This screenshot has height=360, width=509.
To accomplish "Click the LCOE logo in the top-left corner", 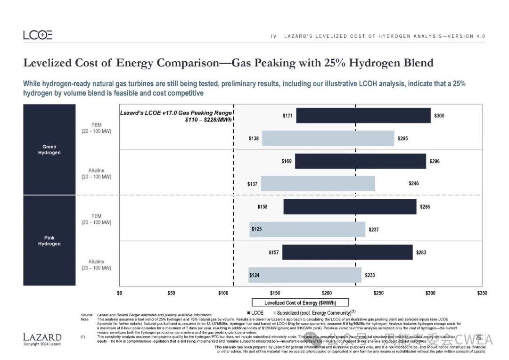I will coord(38,35).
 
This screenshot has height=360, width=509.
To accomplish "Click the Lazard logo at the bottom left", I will coord(42,337).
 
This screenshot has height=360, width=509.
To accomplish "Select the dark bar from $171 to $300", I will coord(363,115).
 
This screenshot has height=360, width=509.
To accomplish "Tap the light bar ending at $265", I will coord(328,138).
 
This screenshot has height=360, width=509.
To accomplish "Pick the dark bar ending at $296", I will coord(360,161).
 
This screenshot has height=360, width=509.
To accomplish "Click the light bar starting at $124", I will coord(304,275).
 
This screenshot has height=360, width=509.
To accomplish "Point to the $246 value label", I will coord(413,184).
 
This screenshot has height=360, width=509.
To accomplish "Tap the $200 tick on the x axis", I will coord(327,293).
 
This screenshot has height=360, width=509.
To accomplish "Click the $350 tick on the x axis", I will coord(482,293).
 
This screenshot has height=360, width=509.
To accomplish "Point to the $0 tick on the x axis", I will coord(120,293).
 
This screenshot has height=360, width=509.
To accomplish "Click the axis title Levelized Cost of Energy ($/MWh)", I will coord(300,303).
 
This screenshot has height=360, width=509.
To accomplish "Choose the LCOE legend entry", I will coord(255,313).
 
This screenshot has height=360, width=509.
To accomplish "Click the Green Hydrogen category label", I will coord(49,150).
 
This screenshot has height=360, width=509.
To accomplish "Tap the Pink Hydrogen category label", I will coord(49,241).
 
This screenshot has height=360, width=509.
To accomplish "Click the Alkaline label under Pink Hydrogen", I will coord(96,265).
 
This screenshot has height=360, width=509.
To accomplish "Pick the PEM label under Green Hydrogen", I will coord(96,128).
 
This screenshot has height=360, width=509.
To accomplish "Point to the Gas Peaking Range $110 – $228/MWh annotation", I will coord(176,116).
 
